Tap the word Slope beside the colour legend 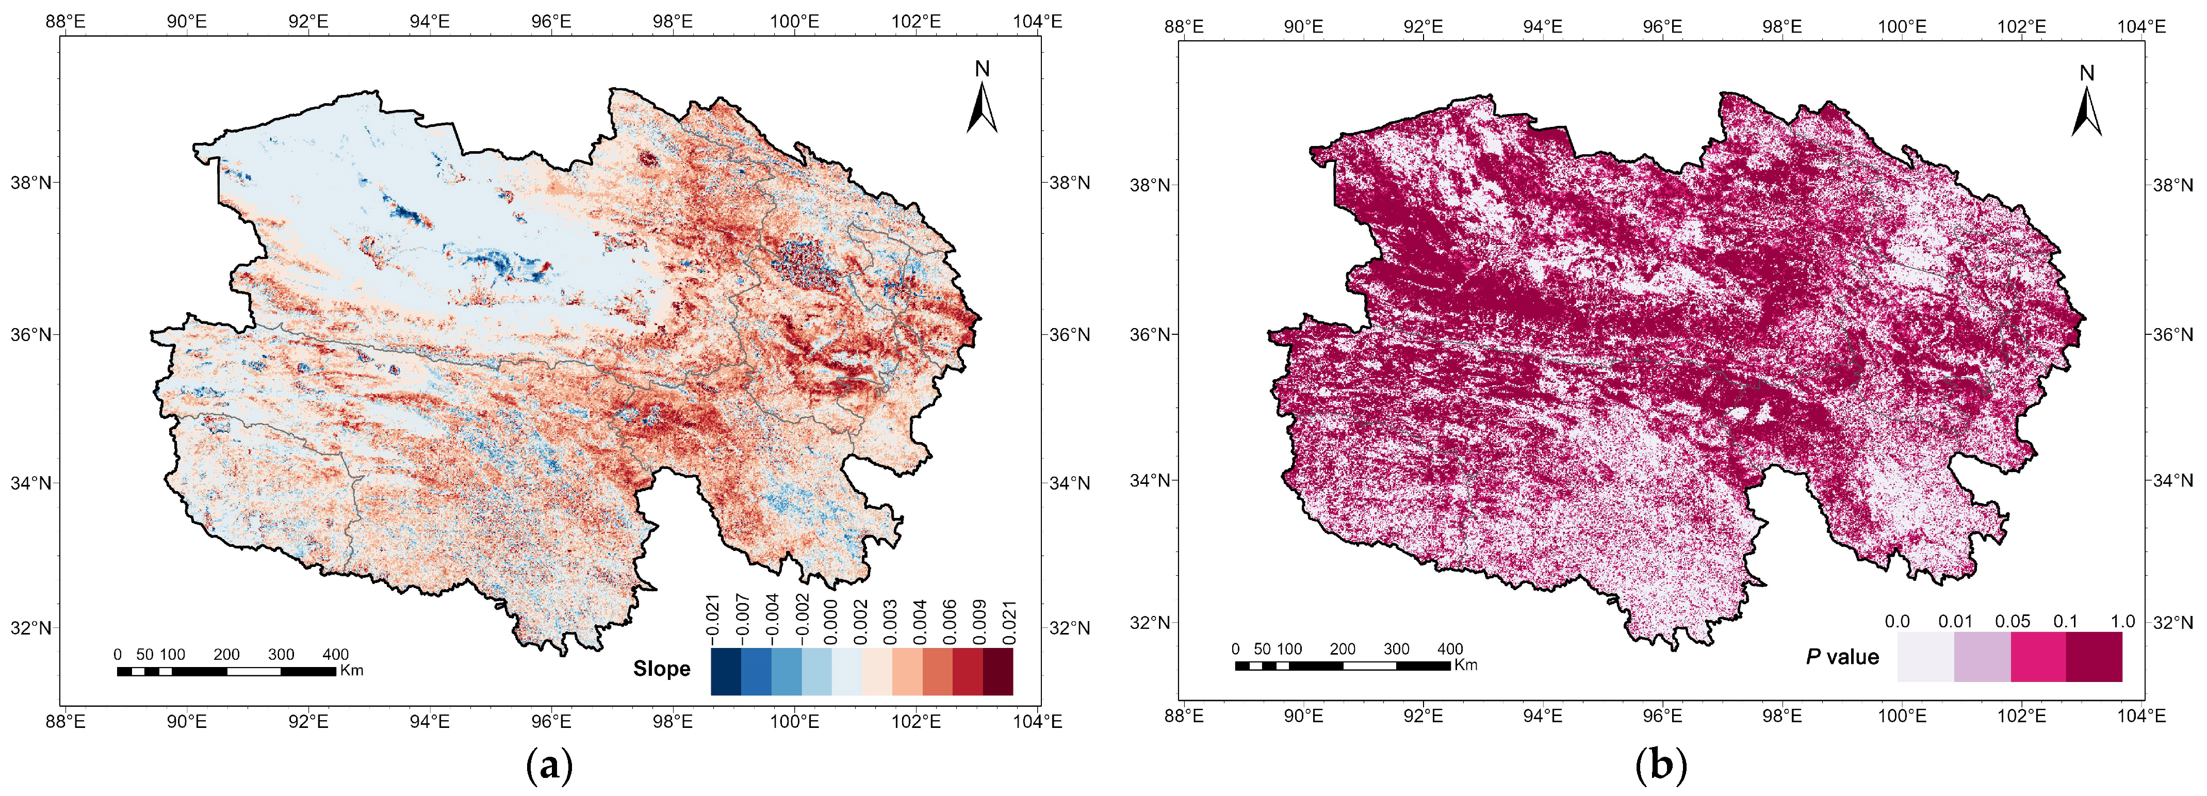click(x=661, y=669)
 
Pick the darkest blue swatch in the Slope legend click(x=726, y=671)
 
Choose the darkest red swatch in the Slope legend click(x=998, y=671)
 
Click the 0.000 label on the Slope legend click(x=831, y=621)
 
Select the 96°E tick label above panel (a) click(x=551, y=22)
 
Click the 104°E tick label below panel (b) click(x=2142, y=714)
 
